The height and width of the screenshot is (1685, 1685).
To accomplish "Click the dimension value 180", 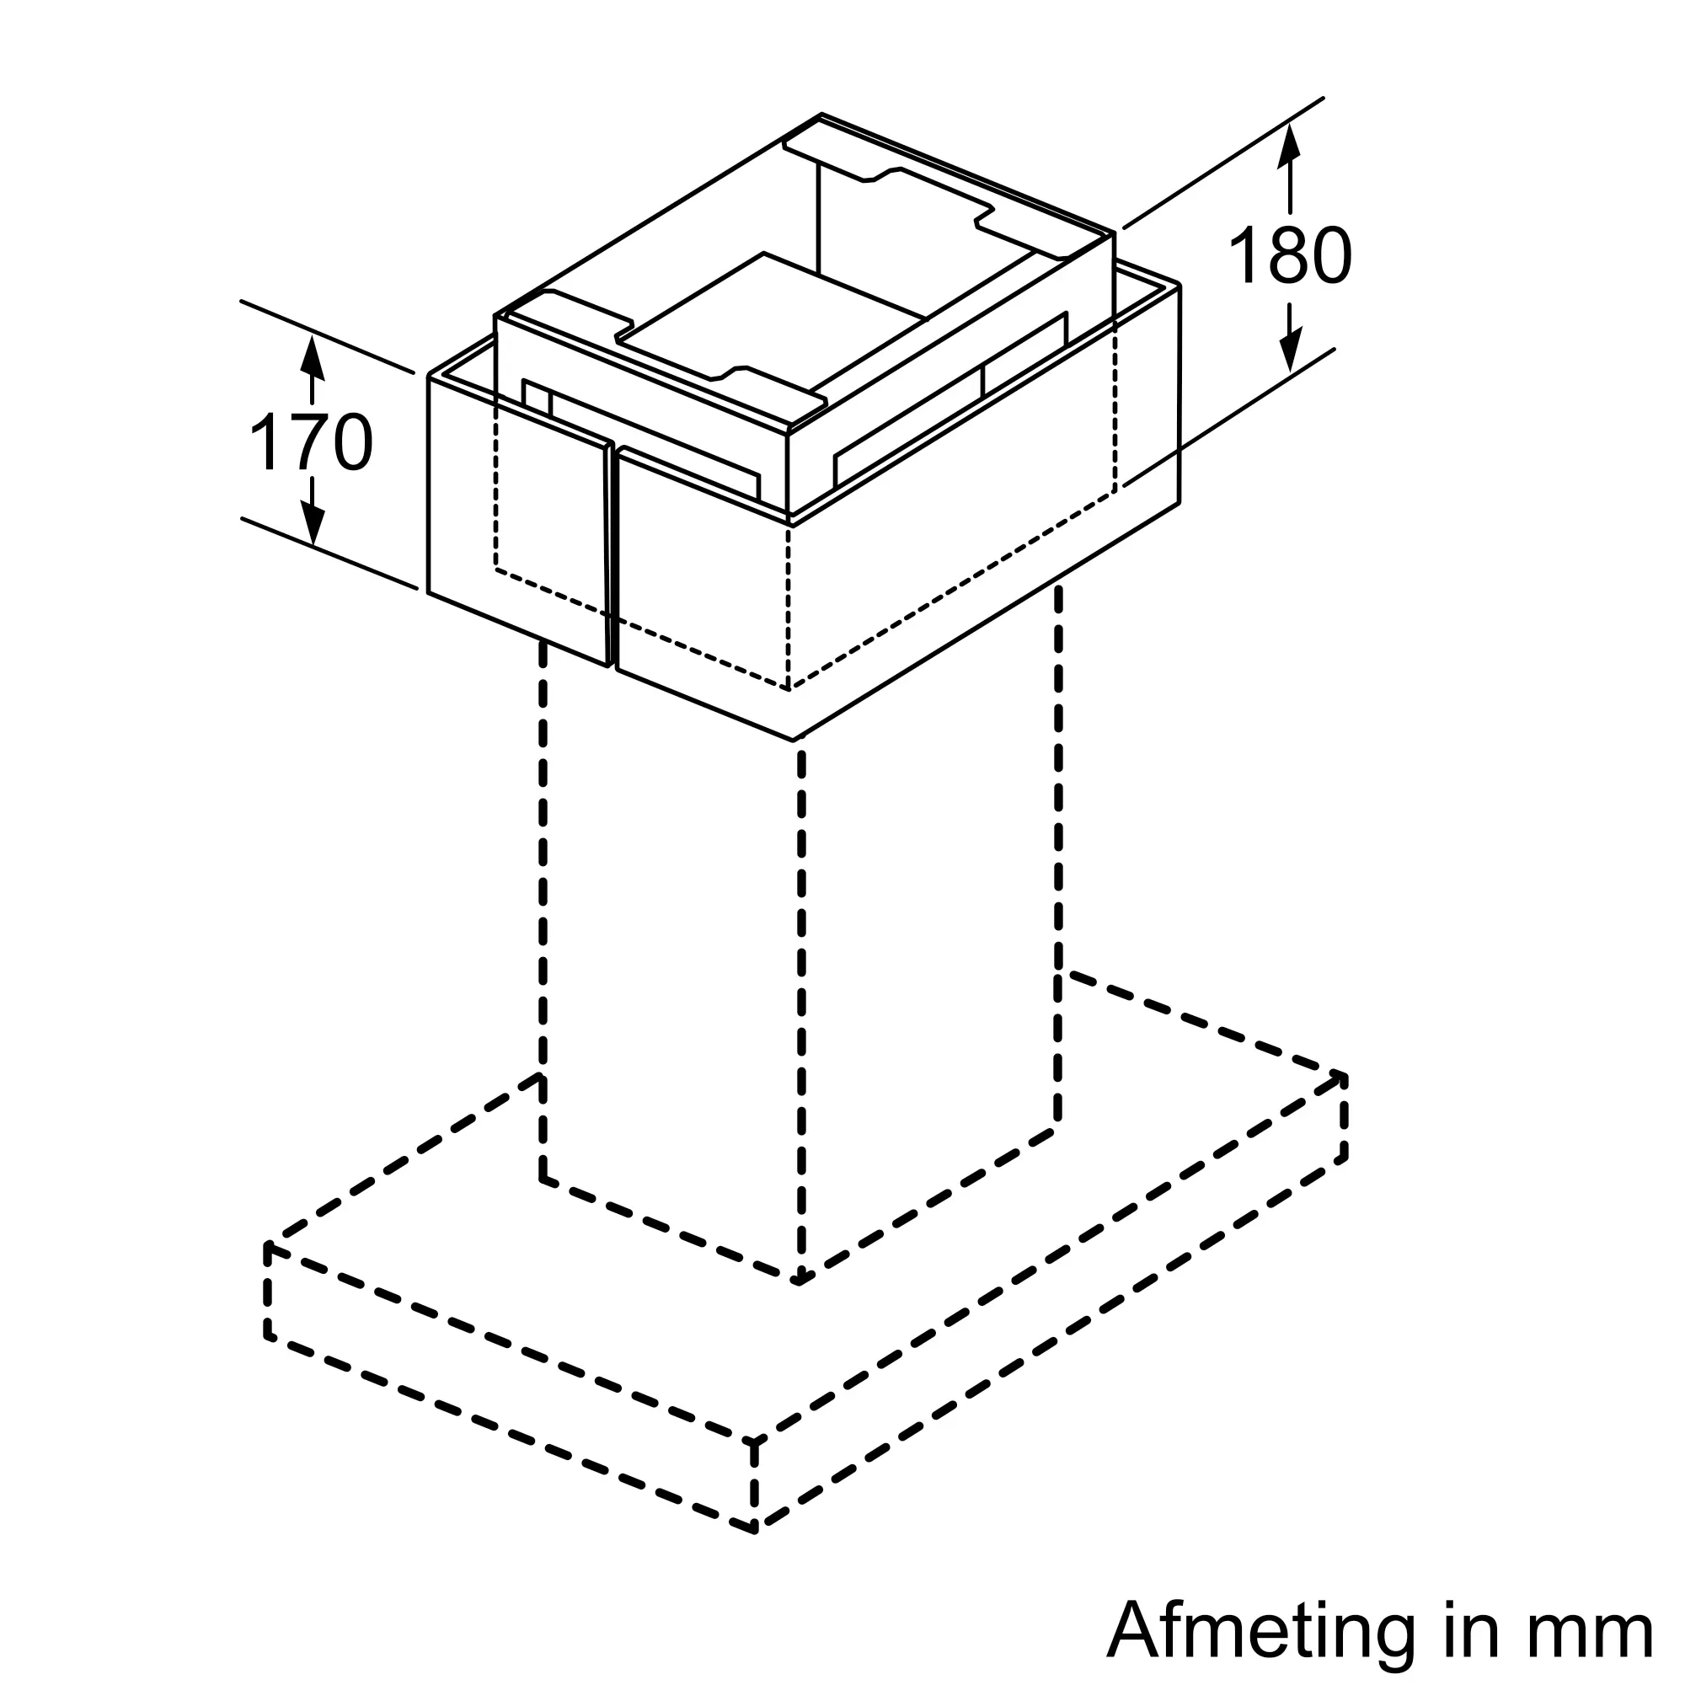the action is (1289, 255).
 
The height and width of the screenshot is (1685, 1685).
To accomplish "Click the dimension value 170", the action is (312, 443).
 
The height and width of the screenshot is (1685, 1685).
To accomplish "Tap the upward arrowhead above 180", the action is (1289, 143).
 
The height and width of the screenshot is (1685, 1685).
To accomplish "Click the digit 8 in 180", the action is (1290, 255).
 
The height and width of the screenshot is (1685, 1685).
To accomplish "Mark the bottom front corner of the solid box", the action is (794, 740).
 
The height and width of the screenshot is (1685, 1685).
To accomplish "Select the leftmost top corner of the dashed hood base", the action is (268, 1246).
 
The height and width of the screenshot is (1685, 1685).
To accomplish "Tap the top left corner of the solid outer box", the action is (429, 377).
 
